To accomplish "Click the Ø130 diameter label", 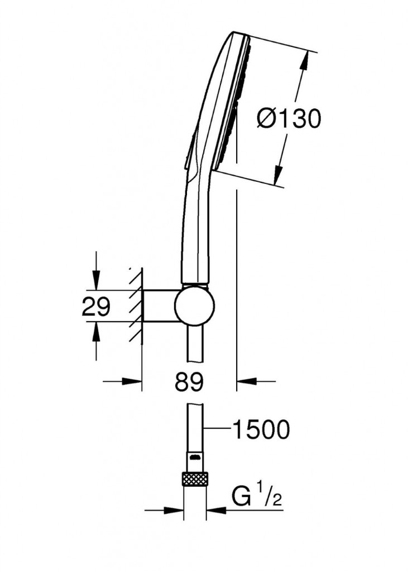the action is point(289,119).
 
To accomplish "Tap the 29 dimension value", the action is point(95,306).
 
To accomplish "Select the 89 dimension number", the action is point(189,382).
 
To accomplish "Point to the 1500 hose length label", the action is point(261,429).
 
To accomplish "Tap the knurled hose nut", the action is point(194,478).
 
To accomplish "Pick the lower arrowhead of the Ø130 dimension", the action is point(279,175).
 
